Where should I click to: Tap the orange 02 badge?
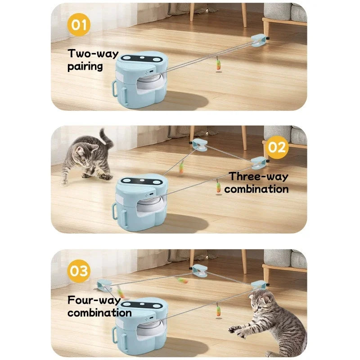[278, 148]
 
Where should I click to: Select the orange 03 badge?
[79, 271]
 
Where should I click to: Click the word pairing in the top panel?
[85, 67]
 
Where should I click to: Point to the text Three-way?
[259, 176]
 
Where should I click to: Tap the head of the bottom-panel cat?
[264, 302]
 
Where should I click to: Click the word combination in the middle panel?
[256, 189]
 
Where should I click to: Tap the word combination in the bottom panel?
[99, 312]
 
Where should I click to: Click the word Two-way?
[93, 54]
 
